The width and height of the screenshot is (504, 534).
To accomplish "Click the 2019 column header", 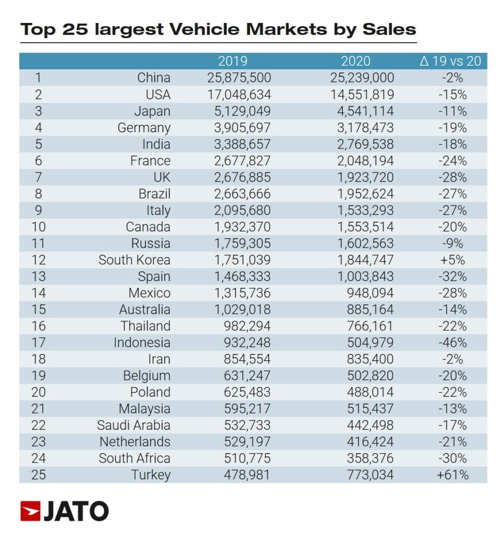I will click(x=232, y=61).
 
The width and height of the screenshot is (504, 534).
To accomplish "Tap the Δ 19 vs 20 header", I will click(x=450, y=61).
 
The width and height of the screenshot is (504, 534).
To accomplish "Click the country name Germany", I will click(x=144, y=128).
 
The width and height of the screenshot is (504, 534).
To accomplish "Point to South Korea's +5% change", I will click(x=452, y=260).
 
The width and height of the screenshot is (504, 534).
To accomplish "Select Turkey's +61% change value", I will click(x=452, y=475).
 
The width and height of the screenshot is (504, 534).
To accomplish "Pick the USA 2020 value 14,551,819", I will click(x=362, y=94).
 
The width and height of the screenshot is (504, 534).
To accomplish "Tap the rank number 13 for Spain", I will click(x=39, y=276).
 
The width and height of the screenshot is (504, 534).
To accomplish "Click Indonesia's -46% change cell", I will click(x=452, y=343).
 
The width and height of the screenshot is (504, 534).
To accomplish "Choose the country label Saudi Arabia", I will click(x=134, y=426).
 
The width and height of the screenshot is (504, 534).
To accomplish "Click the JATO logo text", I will click(x=76, y=512).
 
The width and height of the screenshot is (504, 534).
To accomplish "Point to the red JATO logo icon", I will click(x=30, y=512).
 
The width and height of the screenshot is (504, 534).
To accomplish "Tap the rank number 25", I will click(x=39, y=475).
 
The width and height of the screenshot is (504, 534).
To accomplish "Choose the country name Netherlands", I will click(x=135, y=442).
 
